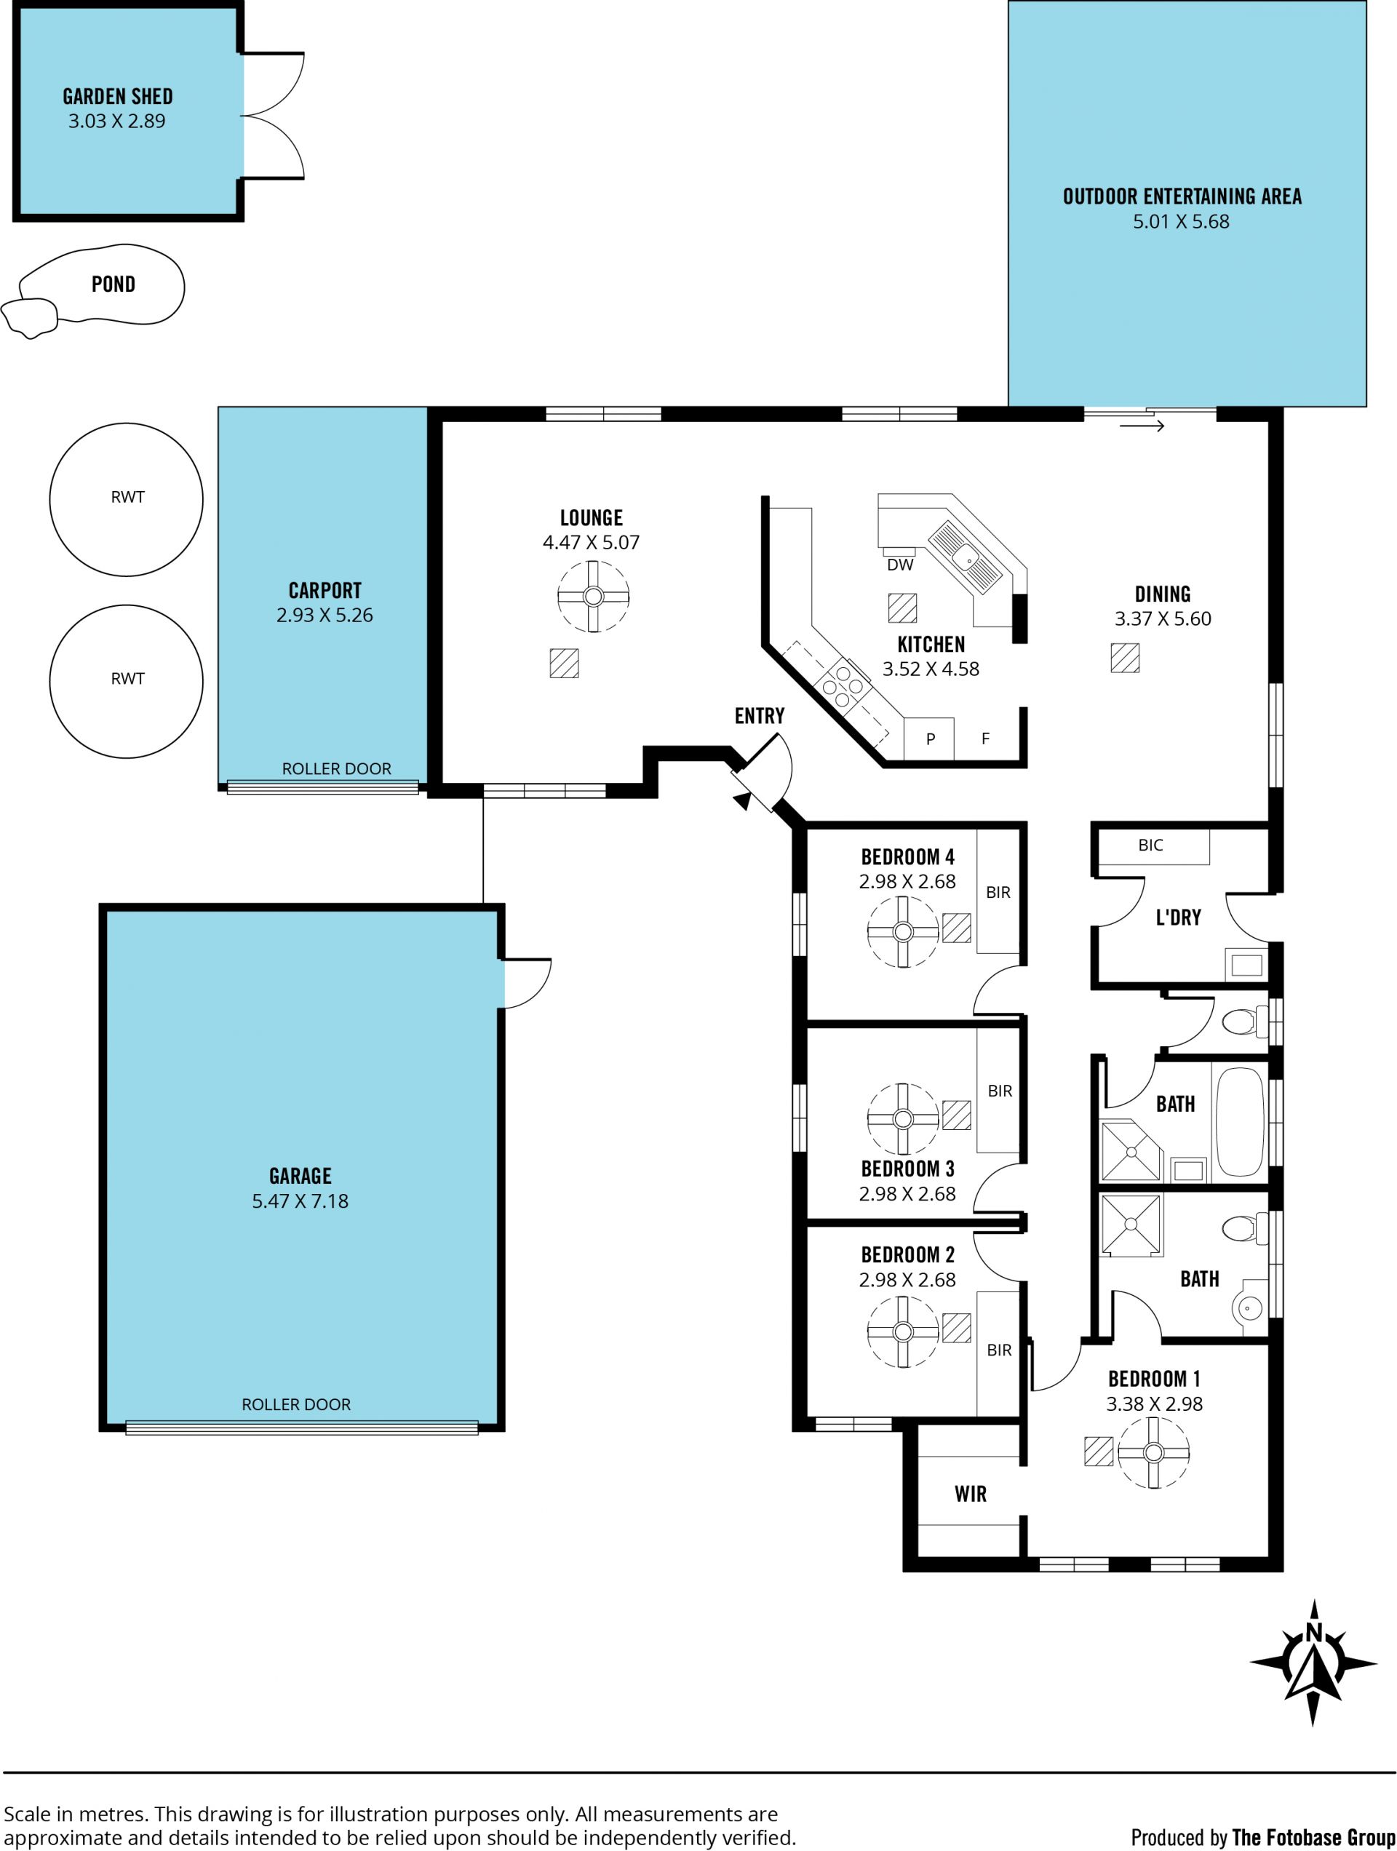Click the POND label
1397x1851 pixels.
113,284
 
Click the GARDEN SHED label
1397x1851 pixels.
118,96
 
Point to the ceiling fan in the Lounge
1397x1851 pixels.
594,596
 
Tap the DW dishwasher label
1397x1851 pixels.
900,565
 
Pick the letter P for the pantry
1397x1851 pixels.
930,739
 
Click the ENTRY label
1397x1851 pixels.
759,715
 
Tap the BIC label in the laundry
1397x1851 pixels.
1150,845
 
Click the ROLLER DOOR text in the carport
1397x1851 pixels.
336,768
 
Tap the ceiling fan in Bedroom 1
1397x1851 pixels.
1153,1452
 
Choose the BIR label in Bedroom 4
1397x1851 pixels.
998,892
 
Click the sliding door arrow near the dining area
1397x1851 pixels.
1142,426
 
